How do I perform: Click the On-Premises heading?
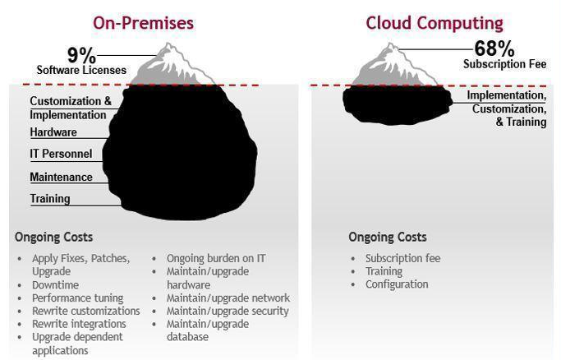143,24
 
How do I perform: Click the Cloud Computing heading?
435,24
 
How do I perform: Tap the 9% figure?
82,55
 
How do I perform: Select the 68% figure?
494,48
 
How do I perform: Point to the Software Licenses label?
81,70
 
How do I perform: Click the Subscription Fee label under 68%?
505,64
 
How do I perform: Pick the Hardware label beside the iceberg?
53,132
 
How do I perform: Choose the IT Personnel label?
61,154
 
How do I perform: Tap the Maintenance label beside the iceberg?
61,177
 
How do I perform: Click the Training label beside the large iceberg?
50,199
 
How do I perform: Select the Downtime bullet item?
56,285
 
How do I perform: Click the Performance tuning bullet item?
78,298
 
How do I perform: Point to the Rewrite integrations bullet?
79,324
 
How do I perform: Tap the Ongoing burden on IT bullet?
216,258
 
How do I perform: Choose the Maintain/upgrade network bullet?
228,298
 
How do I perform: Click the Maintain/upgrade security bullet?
228,311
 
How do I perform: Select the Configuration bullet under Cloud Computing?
397,284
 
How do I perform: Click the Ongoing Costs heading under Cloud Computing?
388,238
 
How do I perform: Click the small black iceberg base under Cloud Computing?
398,105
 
